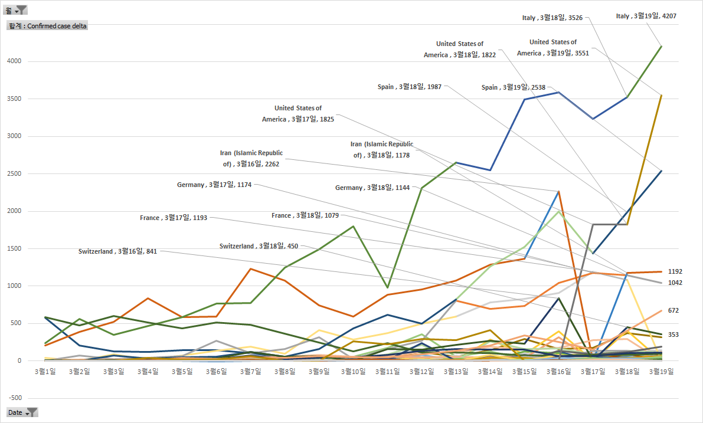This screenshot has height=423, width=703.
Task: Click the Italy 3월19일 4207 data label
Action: [646, 17]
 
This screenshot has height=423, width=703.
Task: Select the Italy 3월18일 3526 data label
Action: [552, 18]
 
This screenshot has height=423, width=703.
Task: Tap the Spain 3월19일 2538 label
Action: [513, 87]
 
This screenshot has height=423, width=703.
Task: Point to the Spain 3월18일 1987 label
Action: [410, 87]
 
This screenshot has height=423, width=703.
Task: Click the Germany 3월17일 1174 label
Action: [214, 185]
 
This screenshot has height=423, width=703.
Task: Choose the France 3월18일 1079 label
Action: [305, 215]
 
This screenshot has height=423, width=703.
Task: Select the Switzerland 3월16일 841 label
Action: [117, 251]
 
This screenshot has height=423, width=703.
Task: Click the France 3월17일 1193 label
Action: [174, 218]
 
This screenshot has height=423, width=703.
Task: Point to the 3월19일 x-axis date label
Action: [661, 372]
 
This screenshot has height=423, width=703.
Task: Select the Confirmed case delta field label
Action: [47, 26]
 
